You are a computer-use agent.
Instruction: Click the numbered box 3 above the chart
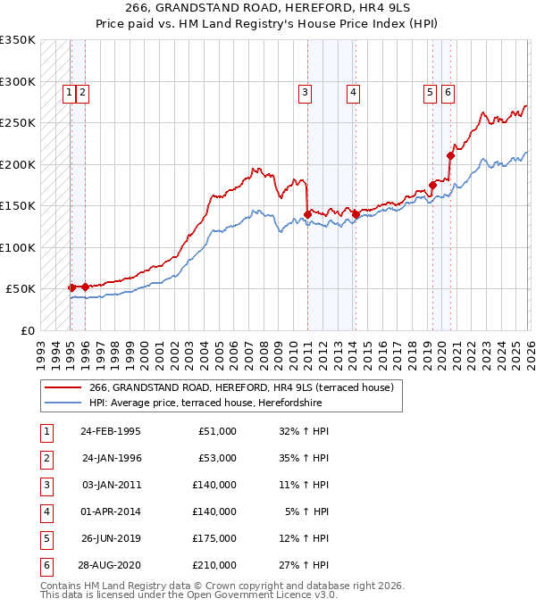tap(306, 91)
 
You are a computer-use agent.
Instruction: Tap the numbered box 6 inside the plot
tap(447, 91)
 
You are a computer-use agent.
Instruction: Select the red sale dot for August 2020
tap(450, 155)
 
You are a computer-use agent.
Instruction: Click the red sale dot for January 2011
tap(307, 214)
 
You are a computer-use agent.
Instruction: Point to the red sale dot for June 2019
tap(432, 185)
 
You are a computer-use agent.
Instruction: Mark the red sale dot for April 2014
tap(356, 214)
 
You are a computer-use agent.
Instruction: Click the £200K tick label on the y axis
tap(18, 164)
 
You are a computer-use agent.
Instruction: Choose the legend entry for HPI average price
tap(205, 403)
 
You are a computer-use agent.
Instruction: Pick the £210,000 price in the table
tap(215, 565)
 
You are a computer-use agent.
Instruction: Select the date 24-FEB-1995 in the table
tap(111, 431)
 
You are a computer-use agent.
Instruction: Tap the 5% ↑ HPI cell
tap(307, 511)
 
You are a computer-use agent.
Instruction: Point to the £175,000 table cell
tap(215, 538)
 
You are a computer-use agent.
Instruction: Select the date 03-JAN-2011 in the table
tap(111, 485)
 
